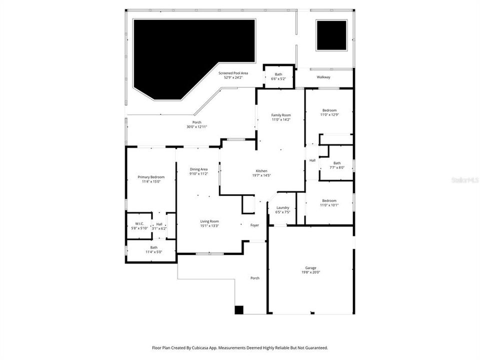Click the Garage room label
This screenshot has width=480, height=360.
tap(310, 268)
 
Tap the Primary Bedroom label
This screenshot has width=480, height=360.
tap(151, 177)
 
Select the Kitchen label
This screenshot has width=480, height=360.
tap(261, 170)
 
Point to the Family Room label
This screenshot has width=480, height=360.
tap(280, 115)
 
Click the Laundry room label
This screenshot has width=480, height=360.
tap(282, 207)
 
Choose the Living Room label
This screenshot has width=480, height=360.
tap(210, 221)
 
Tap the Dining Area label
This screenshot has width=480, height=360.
tap(198, 169)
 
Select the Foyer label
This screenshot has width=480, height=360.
tap(254, 225)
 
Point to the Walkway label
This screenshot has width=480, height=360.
tap(323, 77)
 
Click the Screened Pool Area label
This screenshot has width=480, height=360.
tap(233, 73)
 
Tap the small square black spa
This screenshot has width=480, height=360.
tap(331, 35)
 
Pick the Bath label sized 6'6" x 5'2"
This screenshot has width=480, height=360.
tap(278, 79)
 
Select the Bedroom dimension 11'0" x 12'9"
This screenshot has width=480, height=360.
tap(329, 114)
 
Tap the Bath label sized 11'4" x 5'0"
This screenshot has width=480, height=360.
tap(153, 251)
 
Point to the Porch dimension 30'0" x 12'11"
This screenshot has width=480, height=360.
tap(196, 127)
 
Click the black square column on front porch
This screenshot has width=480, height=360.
tap(239, 310)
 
